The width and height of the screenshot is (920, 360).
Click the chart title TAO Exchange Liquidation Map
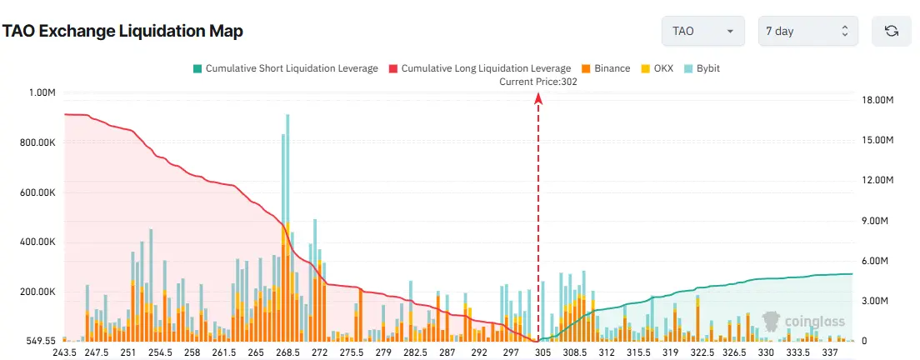[122, 32]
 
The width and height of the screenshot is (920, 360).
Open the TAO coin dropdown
[702, 31]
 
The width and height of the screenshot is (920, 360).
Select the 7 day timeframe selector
[807, 31]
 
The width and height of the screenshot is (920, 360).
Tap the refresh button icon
[891, 31]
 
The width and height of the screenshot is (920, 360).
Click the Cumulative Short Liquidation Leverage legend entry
[285, 68]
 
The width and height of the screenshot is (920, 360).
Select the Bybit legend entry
[702, 68]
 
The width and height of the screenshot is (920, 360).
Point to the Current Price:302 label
[538, 82]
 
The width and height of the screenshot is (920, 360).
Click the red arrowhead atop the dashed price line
[538, 98]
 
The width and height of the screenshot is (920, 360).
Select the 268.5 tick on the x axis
[287, 353]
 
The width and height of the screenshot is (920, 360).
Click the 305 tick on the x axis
[543, 353]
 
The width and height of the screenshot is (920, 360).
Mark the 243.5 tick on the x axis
[64, 353]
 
